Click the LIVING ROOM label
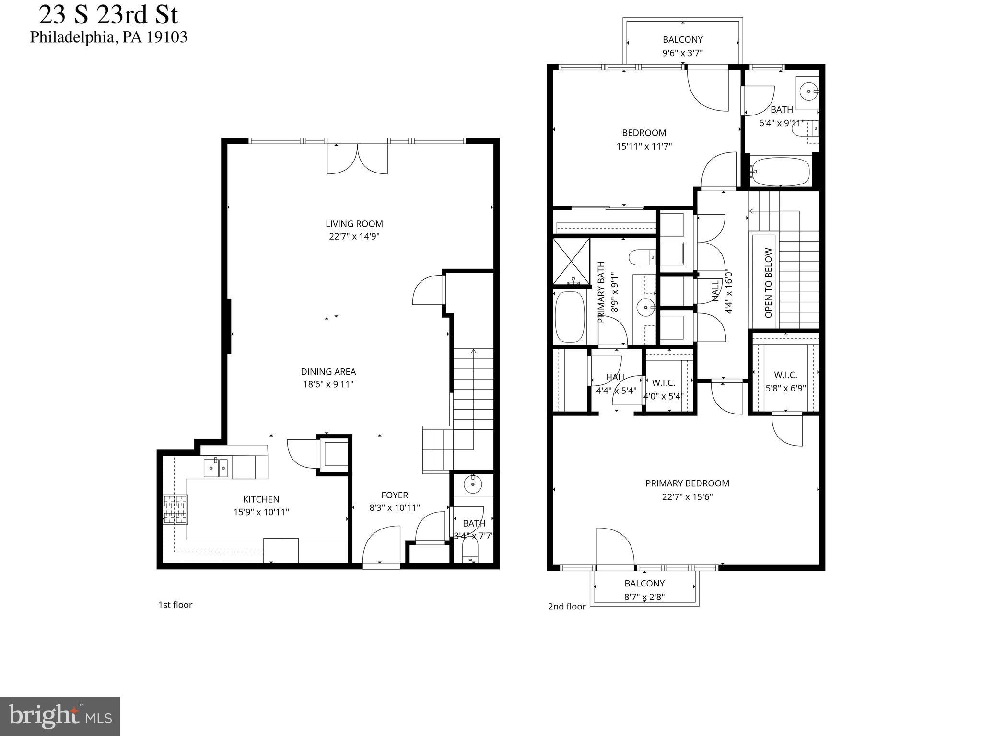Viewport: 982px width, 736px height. (x=354, y=224)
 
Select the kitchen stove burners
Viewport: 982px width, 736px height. (x=175, y=509)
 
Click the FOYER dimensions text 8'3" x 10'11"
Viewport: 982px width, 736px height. (x=394, y=507)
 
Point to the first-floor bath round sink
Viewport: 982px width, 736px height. (x=473, y=484)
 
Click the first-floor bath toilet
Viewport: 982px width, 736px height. (x=470, y=551)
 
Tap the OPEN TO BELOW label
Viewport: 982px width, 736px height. (x=769, y=283)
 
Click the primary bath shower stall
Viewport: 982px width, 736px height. (x=571, y=261)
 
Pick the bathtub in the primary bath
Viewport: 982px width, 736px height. (x=570, y=316)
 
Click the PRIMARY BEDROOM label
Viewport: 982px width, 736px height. (x=687, y=483)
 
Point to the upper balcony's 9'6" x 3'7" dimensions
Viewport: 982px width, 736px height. (x=682, y=53)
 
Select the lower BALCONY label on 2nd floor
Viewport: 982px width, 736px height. (x=644, y=583)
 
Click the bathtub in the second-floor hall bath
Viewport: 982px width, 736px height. (x=780, y=172)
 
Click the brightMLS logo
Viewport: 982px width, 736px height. (x=59, y=716)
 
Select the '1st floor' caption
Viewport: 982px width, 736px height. (x=175, y=605)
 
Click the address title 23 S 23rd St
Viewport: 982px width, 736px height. (x=108, y=14)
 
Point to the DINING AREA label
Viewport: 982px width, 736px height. (x=328, y=371)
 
